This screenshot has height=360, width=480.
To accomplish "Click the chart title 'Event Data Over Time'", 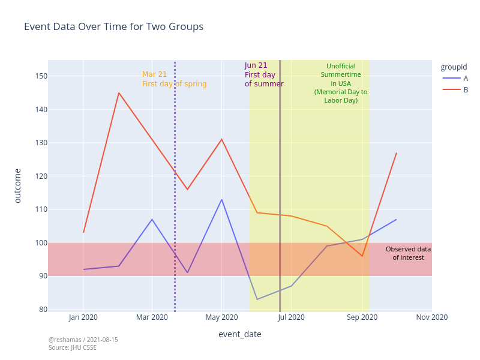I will pyautogui.click(x=113, y=27).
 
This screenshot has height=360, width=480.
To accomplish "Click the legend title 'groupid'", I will pyautogui.click(x=454, y=67).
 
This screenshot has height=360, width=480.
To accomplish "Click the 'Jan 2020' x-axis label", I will pyautogui.click(x=83, y=317).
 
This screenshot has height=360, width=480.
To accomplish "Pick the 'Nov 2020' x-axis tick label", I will pyautogui.click(x=431, y=317).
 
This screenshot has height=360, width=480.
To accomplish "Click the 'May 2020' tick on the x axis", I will pyautogui.click(x=222, y=317).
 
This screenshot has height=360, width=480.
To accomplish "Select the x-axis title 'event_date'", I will pyautogui.click(x=239, y=334).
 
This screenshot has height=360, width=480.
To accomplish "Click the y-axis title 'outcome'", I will pyautogui.click(x=17, y=186).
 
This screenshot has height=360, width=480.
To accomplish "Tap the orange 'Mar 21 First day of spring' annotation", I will pyautogui.click(x=174, y=79).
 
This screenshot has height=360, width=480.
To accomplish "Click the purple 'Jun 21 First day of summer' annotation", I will pyautogui.click(x=263, y=75).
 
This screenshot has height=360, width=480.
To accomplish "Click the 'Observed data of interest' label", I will pyautogui.click(x=408, y=253).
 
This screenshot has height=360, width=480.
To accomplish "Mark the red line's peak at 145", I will pyautogui.click(x=119, y=93).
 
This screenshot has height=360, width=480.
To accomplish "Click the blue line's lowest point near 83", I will pyautogui.click(x=257, y=299).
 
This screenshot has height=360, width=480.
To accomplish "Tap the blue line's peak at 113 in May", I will pyautogui.click(x=221, y=200).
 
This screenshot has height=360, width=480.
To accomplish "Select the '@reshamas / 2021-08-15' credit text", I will pyautogui.click(x=83, y=340).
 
